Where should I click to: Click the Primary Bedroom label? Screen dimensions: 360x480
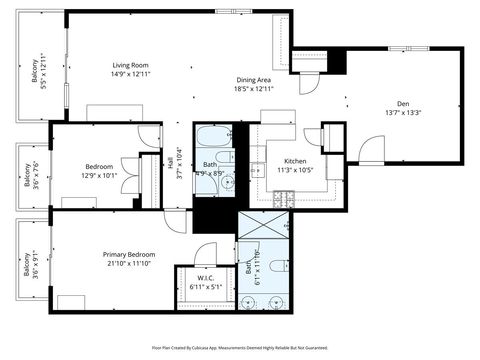click(x=129, y=254)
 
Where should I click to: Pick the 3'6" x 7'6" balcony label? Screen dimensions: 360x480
click(x=31, y=176)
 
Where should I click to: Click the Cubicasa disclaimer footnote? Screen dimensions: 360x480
click(x=239, y=347)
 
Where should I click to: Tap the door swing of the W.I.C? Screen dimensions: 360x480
click(x=206, y=253)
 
